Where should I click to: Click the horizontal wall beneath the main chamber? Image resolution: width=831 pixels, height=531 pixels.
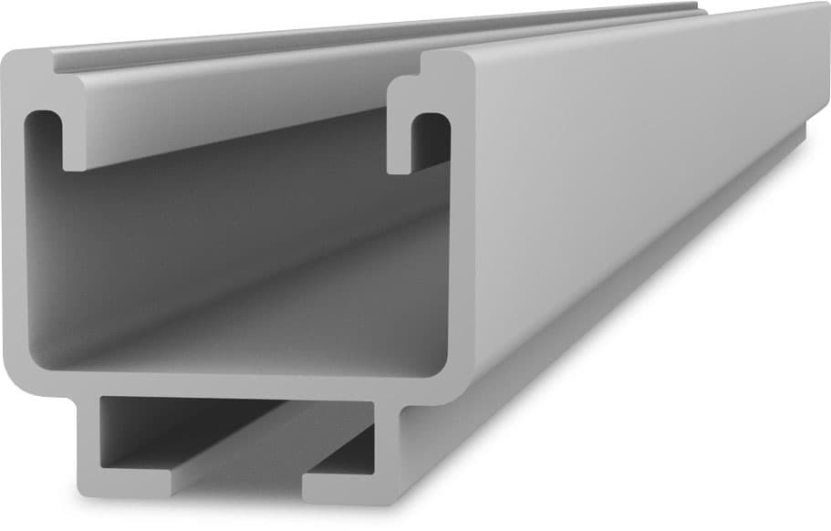point(228,384)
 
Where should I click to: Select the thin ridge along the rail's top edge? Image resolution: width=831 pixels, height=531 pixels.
point(365,41)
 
